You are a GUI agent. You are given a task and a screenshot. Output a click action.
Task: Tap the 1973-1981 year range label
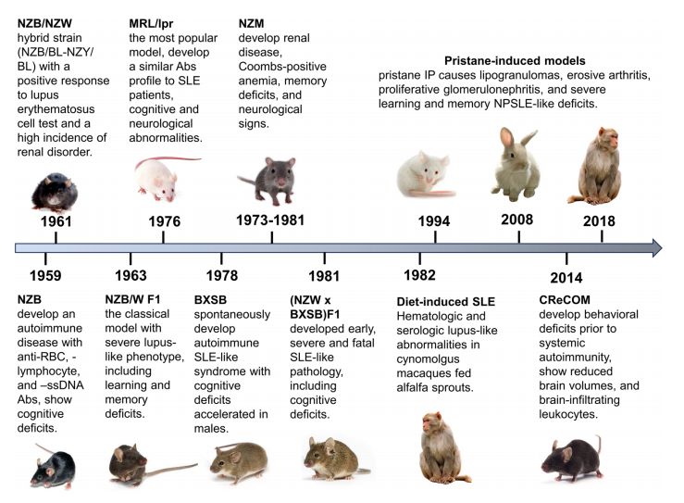pos(271,220)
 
